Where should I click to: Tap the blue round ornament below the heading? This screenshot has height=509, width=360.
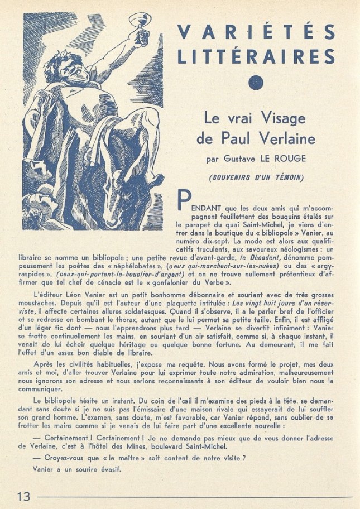pyautogui.click(x=255, y=83)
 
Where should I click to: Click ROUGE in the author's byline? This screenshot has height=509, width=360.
pyautogui.click(x=290, y=159)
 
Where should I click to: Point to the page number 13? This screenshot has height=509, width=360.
pyautogui.click(x=24, y=496)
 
